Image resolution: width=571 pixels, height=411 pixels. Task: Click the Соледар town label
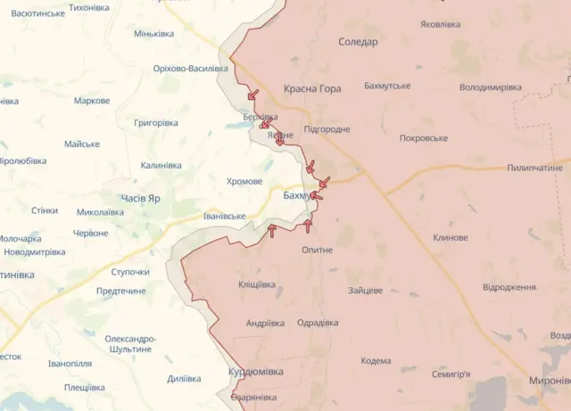click(x=359, y=42)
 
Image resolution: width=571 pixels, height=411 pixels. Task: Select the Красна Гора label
click(x=312, y=89)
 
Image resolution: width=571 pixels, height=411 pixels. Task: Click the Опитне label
click(x=317, y=250)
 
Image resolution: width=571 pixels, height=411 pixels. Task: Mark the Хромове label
click(x=244, y=181)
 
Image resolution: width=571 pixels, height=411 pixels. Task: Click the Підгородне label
click(x=327, y=129)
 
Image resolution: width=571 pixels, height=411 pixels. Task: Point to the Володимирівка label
click(x=491, y=87)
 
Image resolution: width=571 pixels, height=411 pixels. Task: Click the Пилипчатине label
click(x=535, y=168)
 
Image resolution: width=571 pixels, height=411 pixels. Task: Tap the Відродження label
click(x=509, y=287)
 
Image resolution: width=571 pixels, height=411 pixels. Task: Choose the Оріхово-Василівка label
click(x=190, y=69)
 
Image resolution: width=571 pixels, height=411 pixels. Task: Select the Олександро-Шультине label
click(x=130, y=344)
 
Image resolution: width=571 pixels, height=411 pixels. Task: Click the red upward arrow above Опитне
click(x=309, y=225)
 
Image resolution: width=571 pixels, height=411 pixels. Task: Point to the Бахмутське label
click(x=387, y=86)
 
